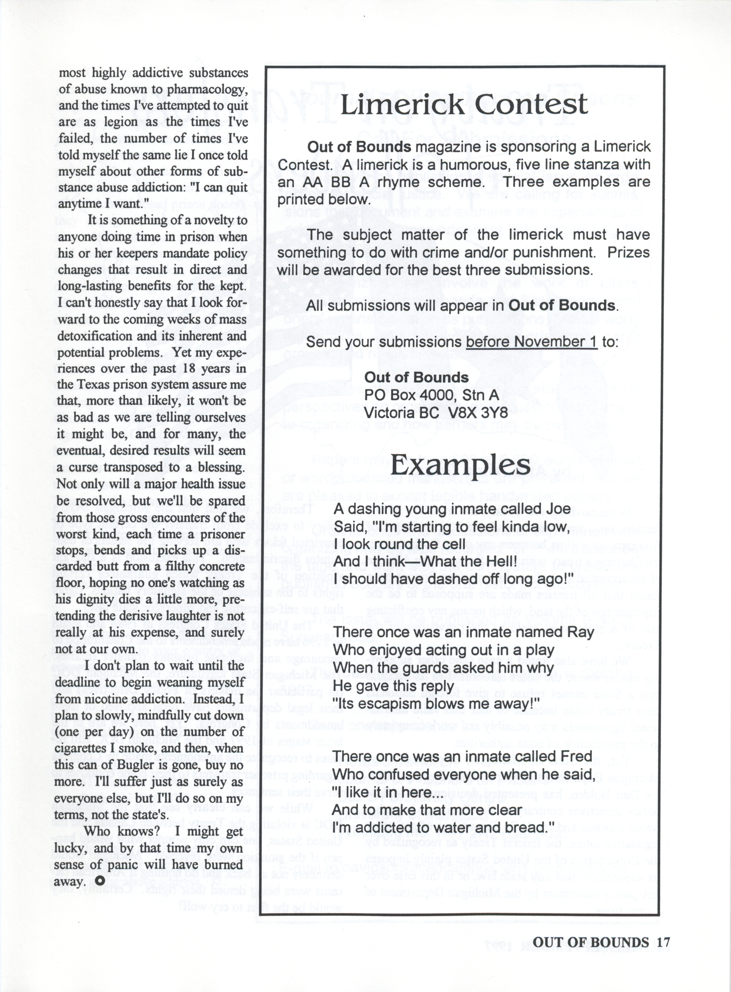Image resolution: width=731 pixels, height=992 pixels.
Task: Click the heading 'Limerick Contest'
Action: coord(464,105)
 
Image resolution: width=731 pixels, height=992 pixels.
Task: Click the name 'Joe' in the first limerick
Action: coord(559,509)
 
